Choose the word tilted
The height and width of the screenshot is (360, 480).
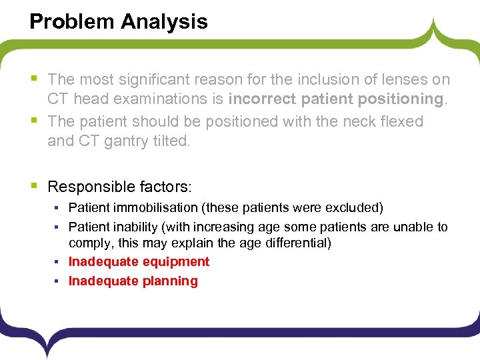coord(171,141)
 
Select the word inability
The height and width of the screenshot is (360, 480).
coord(131,227)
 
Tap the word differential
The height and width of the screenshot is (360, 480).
coord(296,243)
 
